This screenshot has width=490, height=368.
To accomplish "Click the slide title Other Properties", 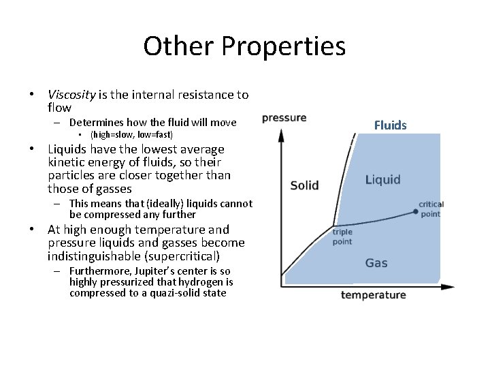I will click(244, 46).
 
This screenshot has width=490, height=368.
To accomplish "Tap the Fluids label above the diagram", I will click(391, 125).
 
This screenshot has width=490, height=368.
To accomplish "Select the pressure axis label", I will click(284, 118).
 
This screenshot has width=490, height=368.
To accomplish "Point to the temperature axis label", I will click(373, 295).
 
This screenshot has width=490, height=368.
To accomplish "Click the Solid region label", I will click(304, 185).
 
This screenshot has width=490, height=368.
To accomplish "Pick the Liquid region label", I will click(382, 180).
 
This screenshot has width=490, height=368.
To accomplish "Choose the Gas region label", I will click(376, 262).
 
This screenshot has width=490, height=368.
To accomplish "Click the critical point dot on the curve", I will click(416, 211).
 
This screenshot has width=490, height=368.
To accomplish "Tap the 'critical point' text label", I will click(431, 209).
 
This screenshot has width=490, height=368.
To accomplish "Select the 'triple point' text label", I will click(342, 236).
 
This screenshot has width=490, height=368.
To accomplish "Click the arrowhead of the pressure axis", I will click(281, 134).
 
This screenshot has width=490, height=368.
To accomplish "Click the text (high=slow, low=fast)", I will click(131, 135).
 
